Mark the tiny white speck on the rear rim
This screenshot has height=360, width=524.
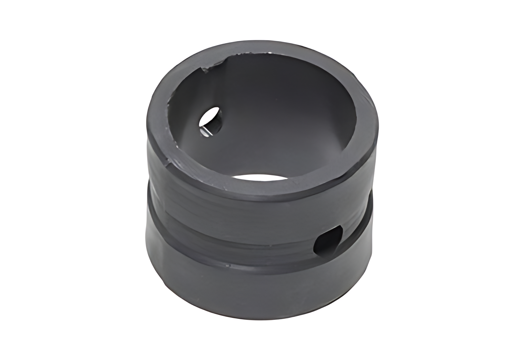[271, 53]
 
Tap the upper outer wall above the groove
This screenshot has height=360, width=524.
[232, 199]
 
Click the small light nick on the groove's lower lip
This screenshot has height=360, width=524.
[228, 264]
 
